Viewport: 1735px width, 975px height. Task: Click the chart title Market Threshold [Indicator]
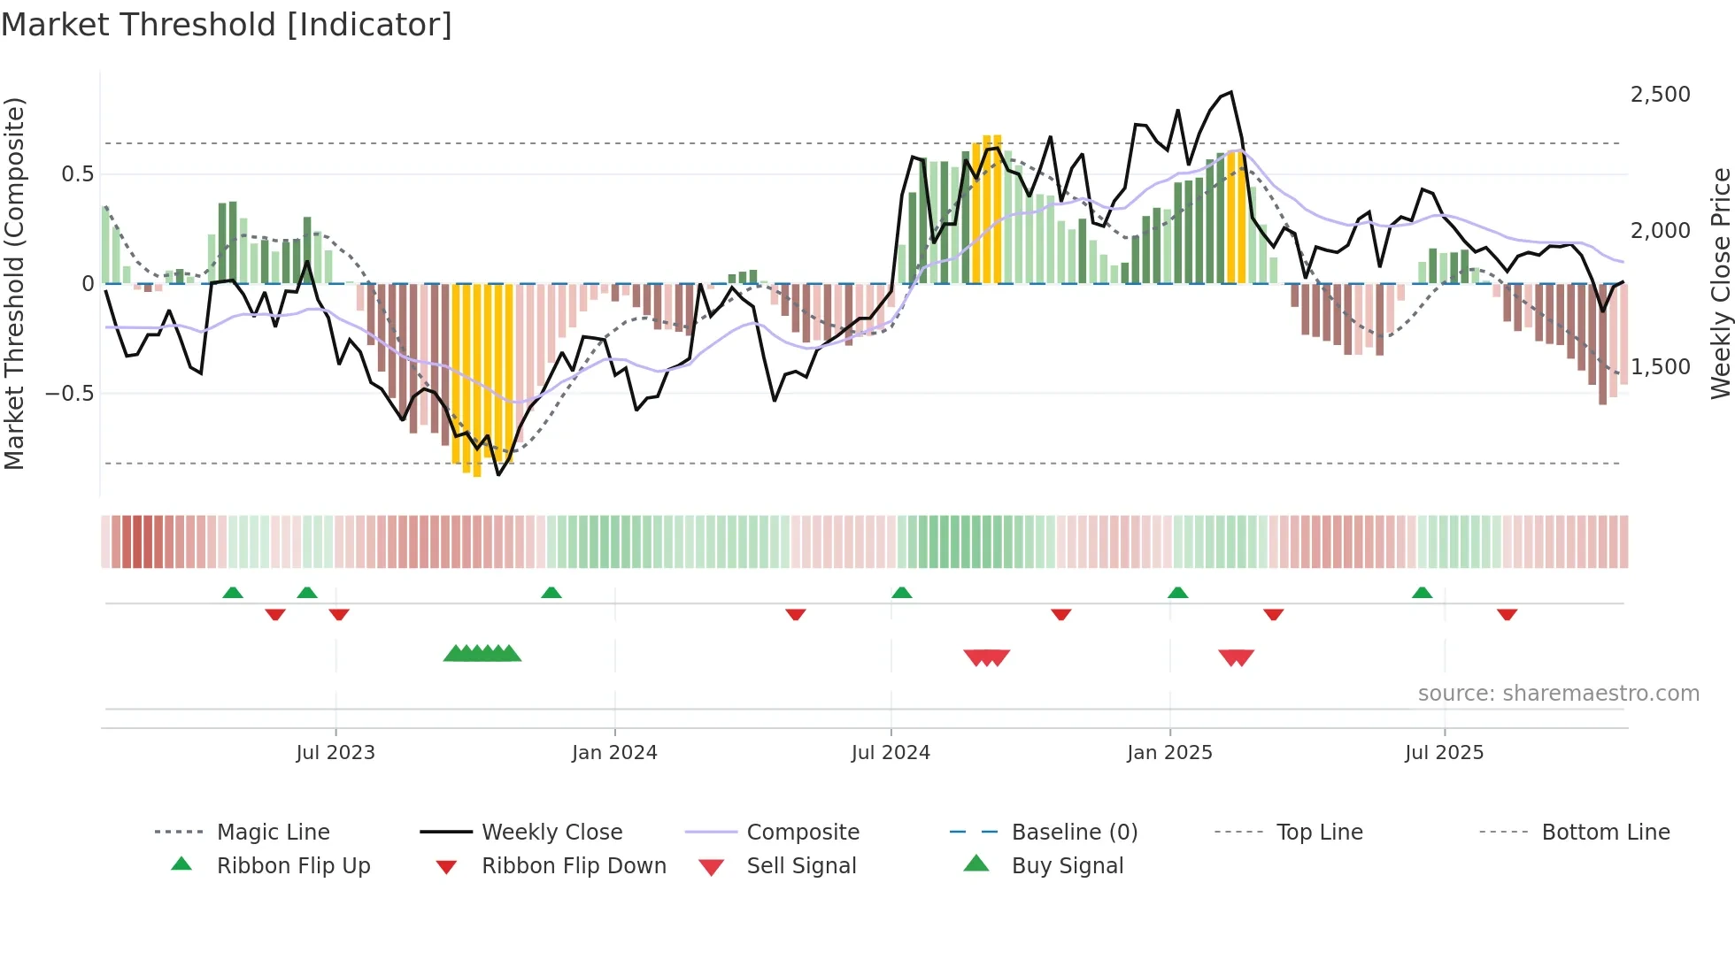click(x=227, y=24)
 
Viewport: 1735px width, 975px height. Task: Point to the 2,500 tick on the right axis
click(x=1660, y=95)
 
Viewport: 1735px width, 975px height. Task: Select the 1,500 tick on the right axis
click(x=1660, y=367)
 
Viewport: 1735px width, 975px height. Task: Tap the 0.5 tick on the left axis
click(x=77, y=174)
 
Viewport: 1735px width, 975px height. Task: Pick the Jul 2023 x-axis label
click(x=335, y=753)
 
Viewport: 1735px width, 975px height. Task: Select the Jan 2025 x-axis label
click(x=1169, y=753)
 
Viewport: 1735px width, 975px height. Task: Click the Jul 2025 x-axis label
click(x=1444, y=753)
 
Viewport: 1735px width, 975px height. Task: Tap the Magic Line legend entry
click(x=273, y=833)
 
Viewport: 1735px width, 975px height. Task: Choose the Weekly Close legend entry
click(x=551, y=833)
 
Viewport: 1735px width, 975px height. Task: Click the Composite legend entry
click(x=803, y=833)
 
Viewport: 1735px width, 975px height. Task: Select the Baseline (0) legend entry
click(x=1074, y=833)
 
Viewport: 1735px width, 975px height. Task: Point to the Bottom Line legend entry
click(x=1605, y=833)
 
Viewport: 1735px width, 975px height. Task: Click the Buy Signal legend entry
click(x=1067, y=866)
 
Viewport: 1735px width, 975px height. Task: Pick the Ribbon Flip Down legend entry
click(x=574, y=866)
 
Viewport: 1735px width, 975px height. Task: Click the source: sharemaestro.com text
click(x=1558, y=694)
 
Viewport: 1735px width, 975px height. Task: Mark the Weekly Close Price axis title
click(x=1720, y=283)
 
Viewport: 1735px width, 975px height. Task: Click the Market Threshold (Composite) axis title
click(x=14, y=283)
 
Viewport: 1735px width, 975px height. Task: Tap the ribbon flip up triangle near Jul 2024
click(x=901, y=593)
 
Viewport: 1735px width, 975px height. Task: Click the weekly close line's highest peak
click(x=1230, y=92)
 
